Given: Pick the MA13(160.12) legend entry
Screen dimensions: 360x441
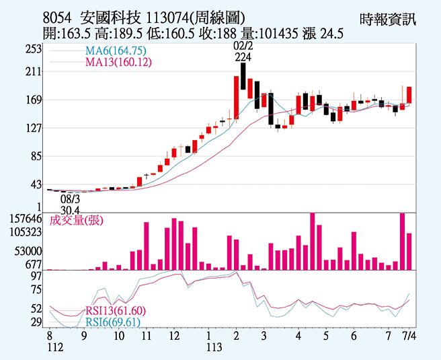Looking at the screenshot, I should point(118,63).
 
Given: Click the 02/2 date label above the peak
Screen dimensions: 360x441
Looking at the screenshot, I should point(243,46).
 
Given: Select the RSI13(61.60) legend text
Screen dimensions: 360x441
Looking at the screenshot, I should point(115,310).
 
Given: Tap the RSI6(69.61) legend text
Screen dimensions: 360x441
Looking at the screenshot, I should point(112,322).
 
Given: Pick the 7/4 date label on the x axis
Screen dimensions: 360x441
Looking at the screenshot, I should point(408,334).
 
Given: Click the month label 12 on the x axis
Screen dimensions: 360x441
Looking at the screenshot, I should point(174,334).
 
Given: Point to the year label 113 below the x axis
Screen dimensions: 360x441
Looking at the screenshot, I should point(214,347).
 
